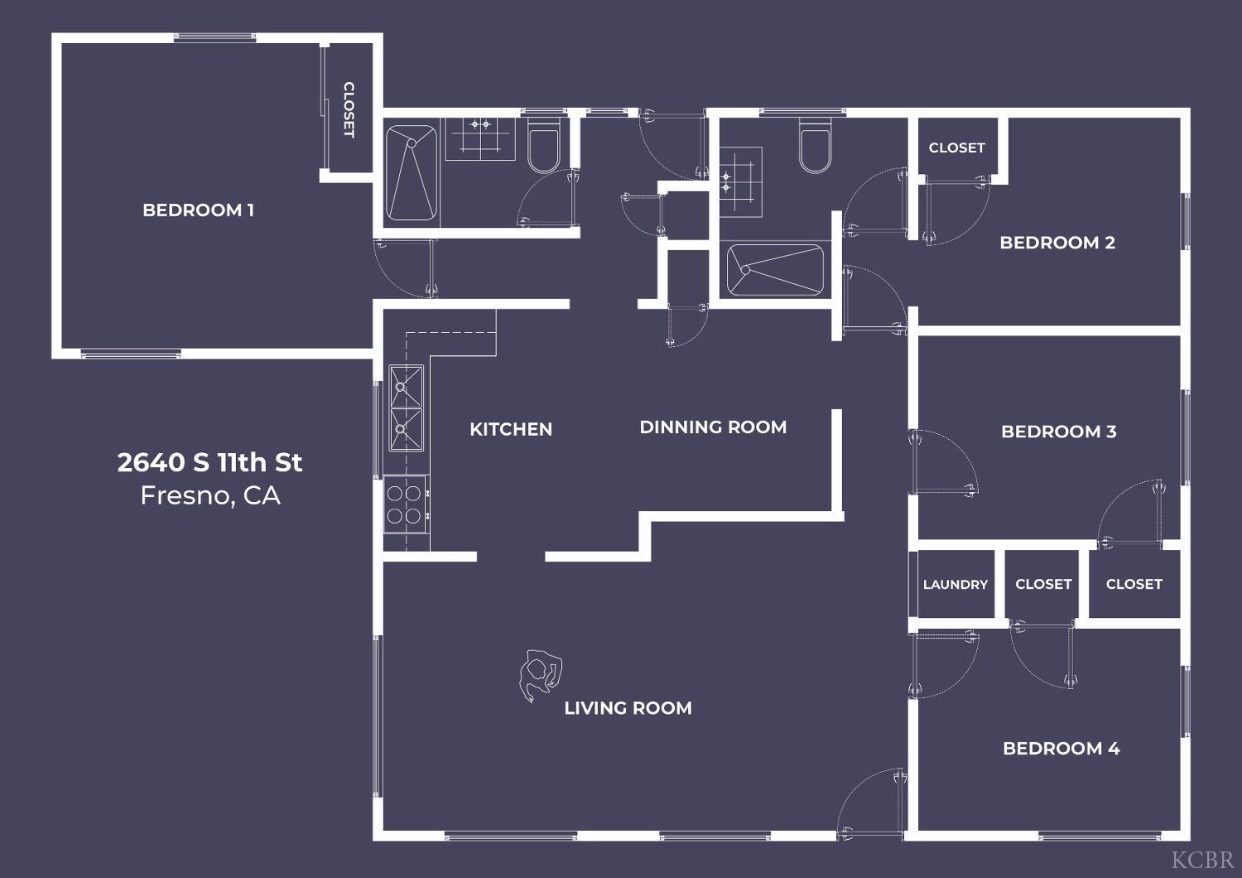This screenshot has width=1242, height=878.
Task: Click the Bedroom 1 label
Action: pos(199,210)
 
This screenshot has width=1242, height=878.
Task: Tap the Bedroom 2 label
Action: pos(1057,243)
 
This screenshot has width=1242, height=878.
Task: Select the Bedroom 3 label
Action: pos(1058,432)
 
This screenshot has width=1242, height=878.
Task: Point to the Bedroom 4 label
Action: pos(1061,748)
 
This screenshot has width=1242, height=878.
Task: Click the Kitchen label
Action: pos(511,429)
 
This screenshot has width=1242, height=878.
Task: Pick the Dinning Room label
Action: pos(713,427)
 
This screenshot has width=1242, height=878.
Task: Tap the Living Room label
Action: pos(628,707)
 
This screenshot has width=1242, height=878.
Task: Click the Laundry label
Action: pos(956,585)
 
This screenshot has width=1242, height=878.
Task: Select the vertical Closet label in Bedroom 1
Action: pos(349,110)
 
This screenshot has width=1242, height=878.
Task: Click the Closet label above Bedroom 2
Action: pos(957,147)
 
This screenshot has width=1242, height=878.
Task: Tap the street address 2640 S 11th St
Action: pos(209,462)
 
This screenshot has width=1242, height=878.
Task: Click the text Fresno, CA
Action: pos(210,495)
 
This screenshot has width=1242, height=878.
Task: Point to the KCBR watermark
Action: pos(1202,861)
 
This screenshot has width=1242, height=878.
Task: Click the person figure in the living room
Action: pos(540,675)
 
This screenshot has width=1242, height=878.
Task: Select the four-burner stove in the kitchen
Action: pos(407,504)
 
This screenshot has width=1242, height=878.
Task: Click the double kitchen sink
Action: pos(406,408)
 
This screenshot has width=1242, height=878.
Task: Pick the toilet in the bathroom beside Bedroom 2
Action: pos(815,145)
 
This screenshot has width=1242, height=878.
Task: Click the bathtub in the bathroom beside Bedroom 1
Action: pos(412,173)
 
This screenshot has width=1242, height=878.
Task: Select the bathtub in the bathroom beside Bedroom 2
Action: pos(774,270)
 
